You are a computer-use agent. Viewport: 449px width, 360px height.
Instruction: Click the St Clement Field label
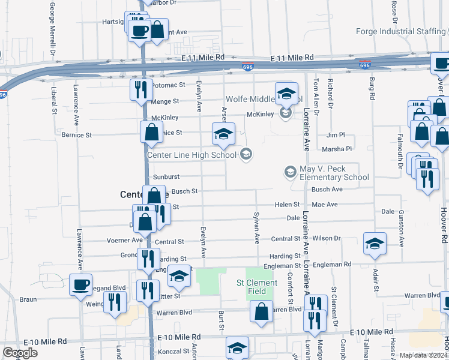pos(256,287)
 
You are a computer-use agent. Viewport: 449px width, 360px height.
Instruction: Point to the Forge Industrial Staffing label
pos(400,31)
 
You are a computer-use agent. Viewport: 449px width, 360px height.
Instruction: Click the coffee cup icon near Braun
pos(80,284)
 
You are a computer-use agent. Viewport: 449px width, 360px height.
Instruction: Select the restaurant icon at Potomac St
pos(141,89)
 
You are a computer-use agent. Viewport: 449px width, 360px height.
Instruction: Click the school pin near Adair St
pos(374,244)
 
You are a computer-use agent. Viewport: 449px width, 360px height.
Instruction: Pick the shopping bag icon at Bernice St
pos(151,131)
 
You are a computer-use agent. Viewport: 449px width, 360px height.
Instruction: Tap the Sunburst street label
pos(166,177)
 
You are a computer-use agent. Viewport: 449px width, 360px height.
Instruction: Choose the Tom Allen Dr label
pos(315,93)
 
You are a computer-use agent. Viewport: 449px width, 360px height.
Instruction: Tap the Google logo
pos(20,353)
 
